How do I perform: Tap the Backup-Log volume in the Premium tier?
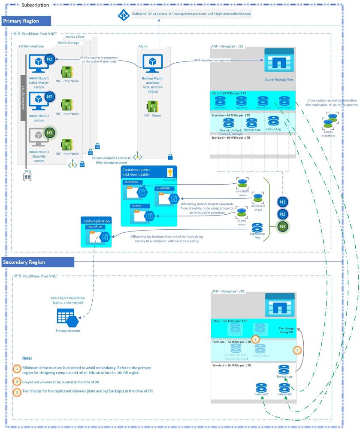click(273, 121)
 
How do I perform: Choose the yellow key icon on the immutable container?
click(169, 173)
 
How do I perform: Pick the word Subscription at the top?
click(35, 5)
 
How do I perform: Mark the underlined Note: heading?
click(27, 358)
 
